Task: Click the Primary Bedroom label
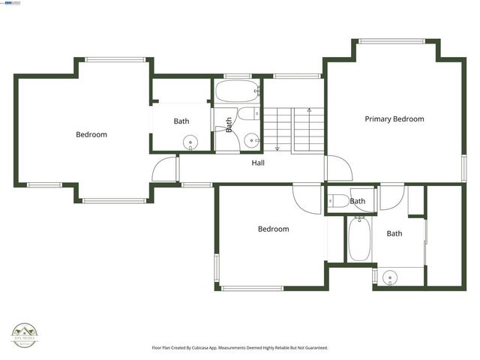click(394, 119)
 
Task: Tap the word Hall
click(258, 162)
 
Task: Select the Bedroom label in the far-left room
click(91, 135)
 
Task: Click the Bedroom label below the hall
click(273, 229)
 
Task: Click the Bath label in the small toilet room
click(358, 201)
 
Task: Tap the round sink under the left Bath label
click(191, 142)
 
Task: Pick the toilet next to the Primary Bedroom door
click(338, 200)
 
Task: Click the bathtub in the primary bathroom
click(358, 238)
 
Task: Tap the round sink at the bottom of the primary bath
click(388, 278)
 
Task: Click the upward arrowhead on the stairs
click(308, 109)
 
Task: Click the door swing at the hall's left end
click(165, 169)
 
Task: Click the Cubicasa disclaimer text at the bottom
click(240, 348)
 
